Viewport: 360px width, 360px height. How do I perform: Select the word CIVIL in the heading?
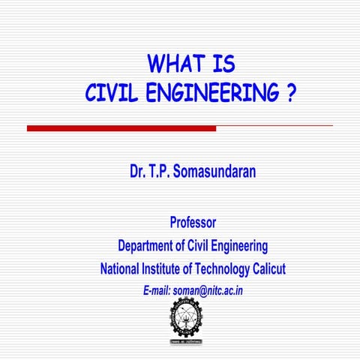point(110,94)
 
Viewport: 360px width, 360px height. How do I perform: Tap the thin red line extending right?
point(274,126)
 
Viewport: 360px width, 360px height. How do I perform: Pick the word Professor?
point(193,222)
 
